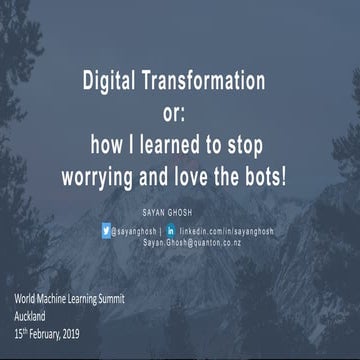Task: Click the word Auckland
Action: click(35, 313)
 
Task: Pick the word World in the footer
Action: click(25, 299)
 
